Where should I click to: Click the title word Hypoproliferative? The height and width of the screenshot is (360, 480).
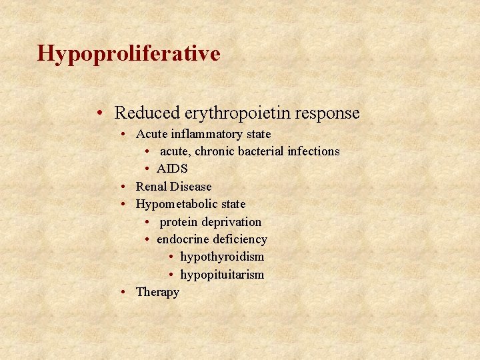(x=129, y=53)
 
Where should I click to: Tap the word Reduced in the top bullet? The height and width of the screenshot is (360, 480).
(x=147, y=113)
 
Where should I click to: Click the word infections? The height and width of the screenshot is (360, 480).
(x=313, y=151)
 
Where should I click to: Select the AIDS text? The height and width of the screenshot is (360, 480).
(x=172, y=169)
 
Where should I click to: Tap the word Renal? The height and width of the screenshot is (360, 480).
(x=151, y=187)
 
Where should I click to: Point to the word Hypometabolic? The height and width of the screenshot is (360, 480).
(x=172, y=204)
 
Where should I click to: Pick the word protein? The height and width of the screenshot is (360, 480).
(x=179, y=222)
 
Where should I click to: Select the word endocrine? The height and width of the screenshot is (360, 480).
(x=181, y=239)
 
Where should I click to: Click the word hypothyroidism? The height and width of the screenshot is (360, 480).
(x=222, y=257)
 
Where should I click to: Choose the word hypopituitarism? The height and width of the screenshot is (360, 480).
(x=222, y=275)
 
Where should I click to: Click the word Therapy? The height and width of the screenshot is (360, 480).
(x=157, y=292)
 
